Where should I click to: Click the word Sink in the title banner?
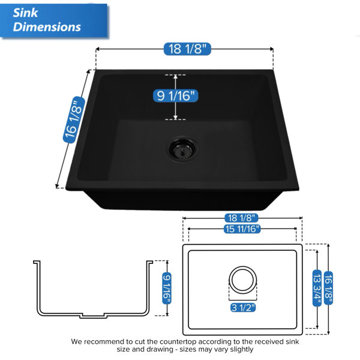tap(25, 13)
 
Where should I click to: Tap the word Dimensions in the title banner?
tap(47, 27)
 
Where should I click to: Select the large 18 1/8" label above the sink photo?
tap(187, 49)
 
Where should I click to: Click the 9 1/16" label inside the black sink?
tap(175, 96)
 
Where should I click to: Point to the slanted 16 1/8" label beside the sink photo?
tap(74, 120)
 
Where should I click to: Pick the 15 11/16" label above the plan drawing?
tap(242, 229)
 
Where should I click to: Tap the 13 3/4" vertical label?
tap(317, 287)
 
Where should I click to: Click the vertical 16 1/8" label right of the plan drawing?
tap(328, 288)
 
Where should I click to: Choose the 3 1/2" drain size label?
tap(243, 308)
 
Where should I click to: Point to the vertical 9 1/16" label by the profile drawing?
tap(167, 289)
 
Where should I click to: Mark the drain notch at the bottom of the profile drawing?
tap(93, 316)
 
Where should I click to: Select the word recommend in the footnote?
tap(104, 342)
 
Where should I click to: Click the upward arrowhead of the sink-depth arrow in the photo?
tap(175, 77)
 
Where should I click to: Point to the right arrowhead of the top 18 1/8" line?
tap(271, 49)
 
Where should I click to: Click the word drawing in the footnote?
tap(160, 350)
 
